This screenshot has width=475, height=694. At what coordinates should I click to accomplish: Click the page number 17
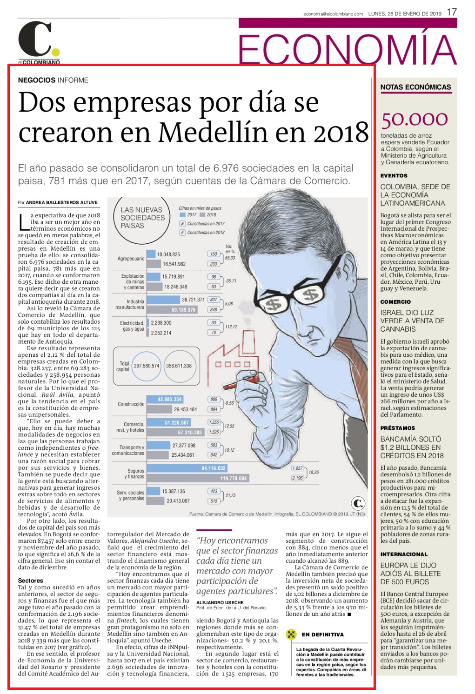[x=452, y=13]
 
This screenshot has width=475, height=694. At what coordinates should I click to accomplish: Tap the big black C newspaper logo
[x=35, y=39]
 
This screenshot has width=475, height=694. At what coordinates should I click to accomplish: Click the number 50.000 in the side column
[x=415, y=120]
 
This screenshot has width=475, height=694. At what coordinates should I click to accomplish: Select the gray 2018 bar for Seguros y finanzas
[x=198, y=478]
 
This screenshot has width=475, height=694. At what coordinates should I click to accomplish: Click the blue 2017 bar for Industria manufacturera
[x=163, y=300]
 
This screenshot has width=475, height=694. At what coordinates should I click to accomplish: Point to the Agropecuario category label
[x=131, y=259]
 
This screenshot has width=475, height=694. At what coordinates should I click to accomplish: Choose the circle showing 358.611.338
[x=179, y=366]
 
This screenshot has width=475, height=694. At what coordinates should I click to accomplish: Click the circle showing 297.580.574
[x=147, y=366]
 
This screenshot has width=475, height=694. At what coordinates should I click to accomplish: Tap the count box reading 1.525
[x=214, y=432]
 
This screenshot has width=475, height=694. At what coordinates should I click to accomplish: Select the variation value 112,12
[x=231, y=327]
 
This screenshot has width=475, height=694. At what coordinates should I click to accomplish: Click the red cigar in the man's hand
[x=241, y=383]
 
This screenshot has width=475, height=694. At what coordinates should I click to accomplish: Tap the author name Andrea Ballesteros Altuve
[x=62, y=203]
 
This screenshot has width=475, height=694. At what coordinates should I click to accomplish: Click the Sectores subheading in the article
[x=30, y=581]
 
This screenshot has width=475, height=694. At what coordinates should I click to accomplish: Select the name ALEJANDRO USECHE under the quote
[x=220, y=602]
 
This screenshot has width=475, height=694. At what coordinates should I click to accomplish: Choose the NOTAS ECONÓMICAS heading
[x=415, y=87]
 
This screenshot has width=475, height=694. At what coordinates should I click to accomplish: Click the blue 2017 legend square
[x=182, y=215]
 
